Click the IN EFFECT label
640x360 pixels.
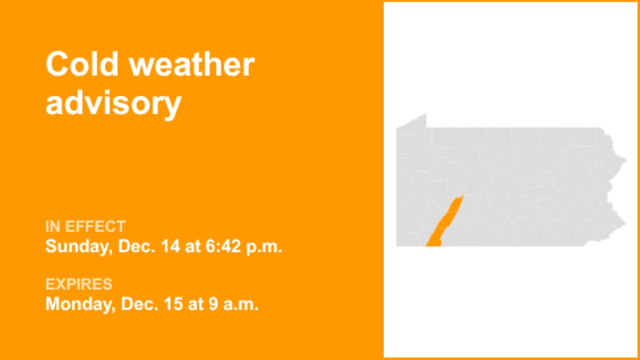click(85, 227)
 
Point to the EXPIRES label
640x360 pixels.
click(79, 284)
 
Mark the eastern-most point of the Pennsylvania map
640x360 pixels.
click(626, 160)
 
